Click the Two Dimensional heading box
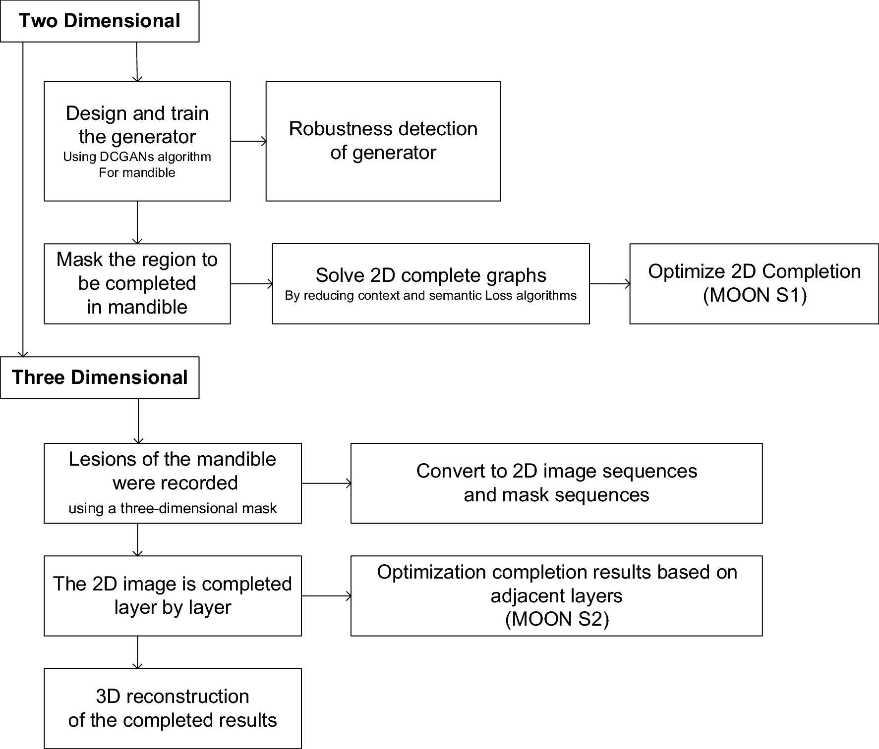[99, 21]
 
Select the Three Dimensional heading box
[99, 377]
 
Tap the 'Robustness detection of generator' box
[383, 141]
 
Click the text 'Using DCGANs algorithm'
[137, 157]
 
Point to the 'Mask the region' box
[137, 283]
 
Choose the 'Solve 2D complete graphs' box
[430, 283]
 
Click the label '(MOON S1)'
[755, 295]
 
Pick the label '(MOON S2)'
[556, 619]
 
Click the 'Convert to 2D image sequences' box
[556, 483]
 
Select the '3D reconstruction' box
[172, 708]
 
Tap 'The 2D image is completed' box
[172, 595]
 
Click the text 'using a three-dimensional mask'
[172, 508]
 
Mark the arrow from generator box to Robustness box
[248, 142]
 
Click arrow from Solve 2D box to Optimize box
[610, 284]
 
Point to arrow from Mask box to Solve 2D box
[251, 284]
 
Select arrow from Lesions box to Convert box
[326, 483]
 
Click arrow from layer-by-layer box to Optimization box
[326, 596]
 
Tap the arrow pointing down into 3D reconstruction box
[137, 652]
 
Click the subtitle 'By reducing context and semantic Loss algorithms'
[430, 296]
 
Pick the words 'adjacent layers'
[556, 595]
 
